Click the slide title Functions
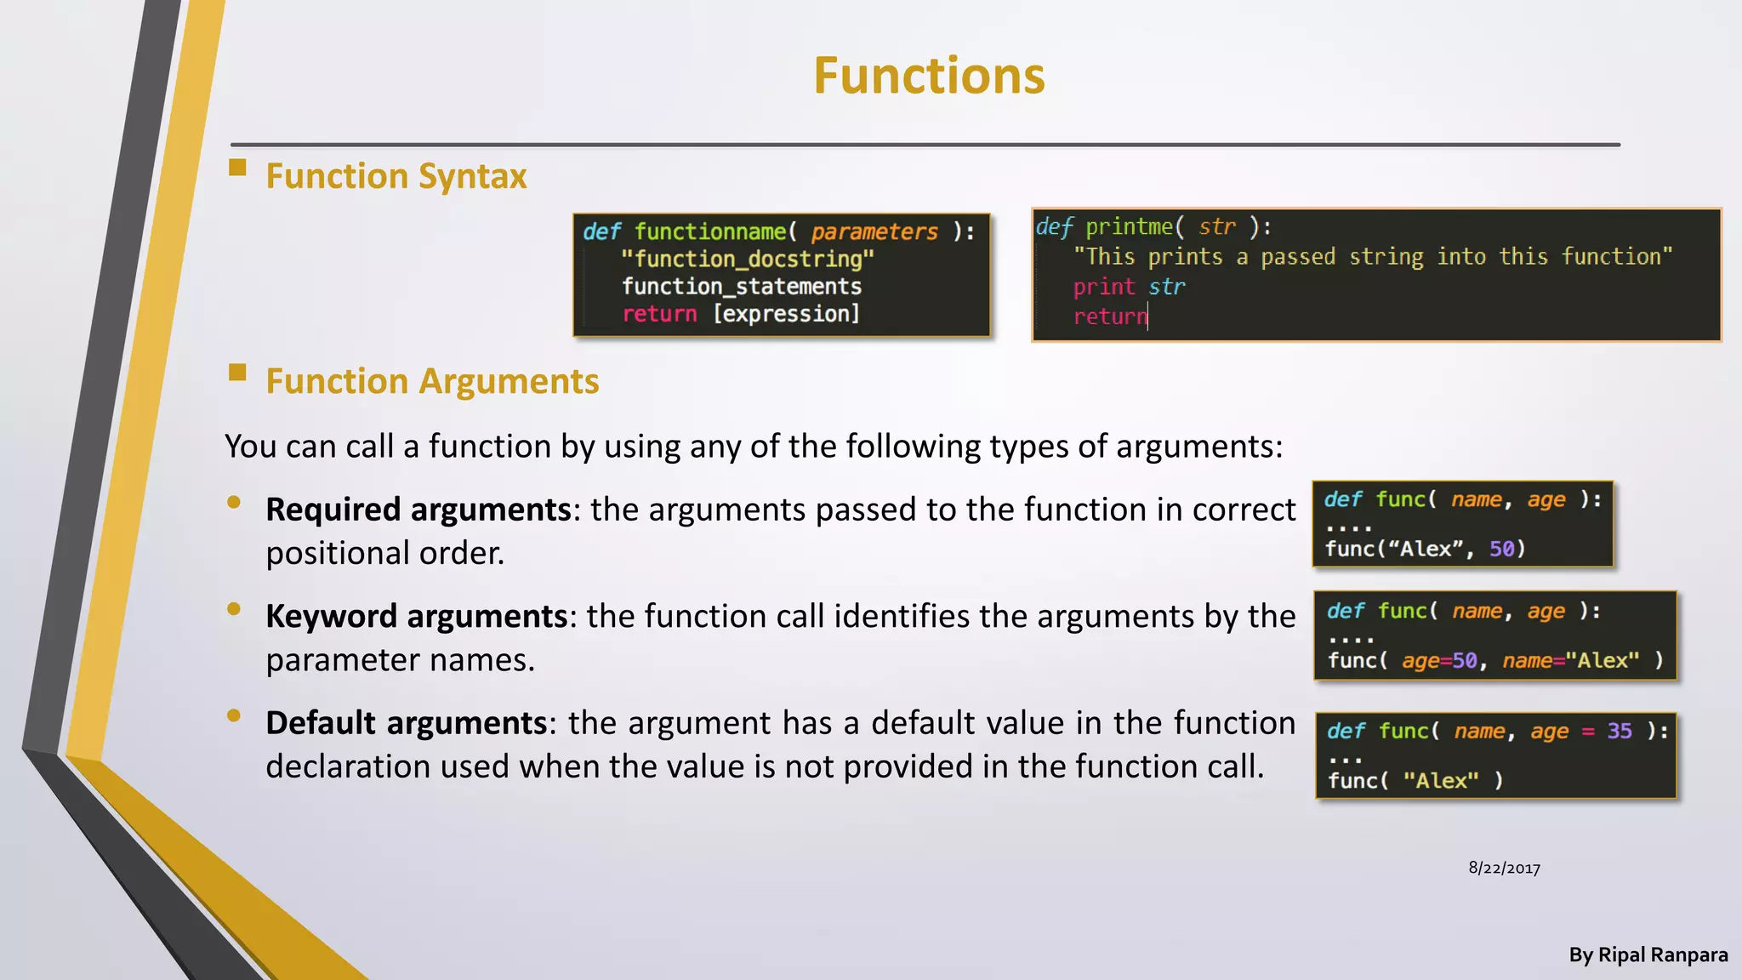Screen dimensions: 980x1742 pos(928,77)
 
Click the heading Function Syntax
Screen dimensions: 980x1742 pos(396,176)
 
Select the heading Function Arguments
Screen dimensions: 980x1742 pos(432,381)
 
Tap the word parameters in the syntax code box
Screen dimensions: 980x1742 pos(874,231)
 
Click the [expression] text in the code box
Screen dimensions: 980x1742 pos(786,314)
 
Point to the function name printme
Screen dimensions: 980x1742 pos(1129,227)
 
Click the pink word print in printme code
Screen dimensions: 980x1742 pos(1103,287)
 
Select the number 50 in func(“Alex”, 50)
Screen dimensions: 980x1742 pos(1501,549)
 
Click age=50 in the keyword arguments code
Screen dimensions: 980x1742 pos(1439,661)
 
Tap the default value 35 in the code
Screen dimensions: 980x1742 pos(1619,731)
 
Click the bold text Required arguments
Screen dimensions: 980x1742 pos(418,510)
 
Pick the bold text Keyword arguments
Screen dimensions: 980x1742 pos(416,616)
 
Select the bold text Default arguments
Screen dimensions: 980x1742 pos(406,723)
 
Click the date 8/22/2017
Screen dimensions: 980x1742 pos(1504,869)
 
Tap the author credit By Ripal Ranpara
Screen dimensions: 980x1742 pos(1648,955)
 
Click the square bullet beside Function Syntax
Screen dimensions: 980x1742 pos(237,168)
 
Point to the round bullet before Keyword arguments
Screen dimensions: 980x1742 pos(234,609)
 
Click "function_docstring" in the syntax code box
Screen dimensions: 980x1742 pos(747,259)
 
